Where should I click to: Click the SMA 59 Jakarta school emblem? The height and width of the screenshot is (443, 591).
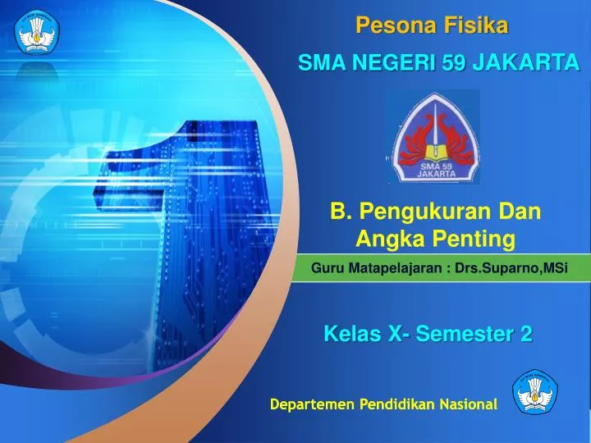434,137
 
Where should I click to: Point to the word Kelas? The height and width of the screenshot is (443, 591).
350,334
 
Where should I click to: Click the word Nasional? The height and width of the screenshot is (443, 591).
468,404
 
